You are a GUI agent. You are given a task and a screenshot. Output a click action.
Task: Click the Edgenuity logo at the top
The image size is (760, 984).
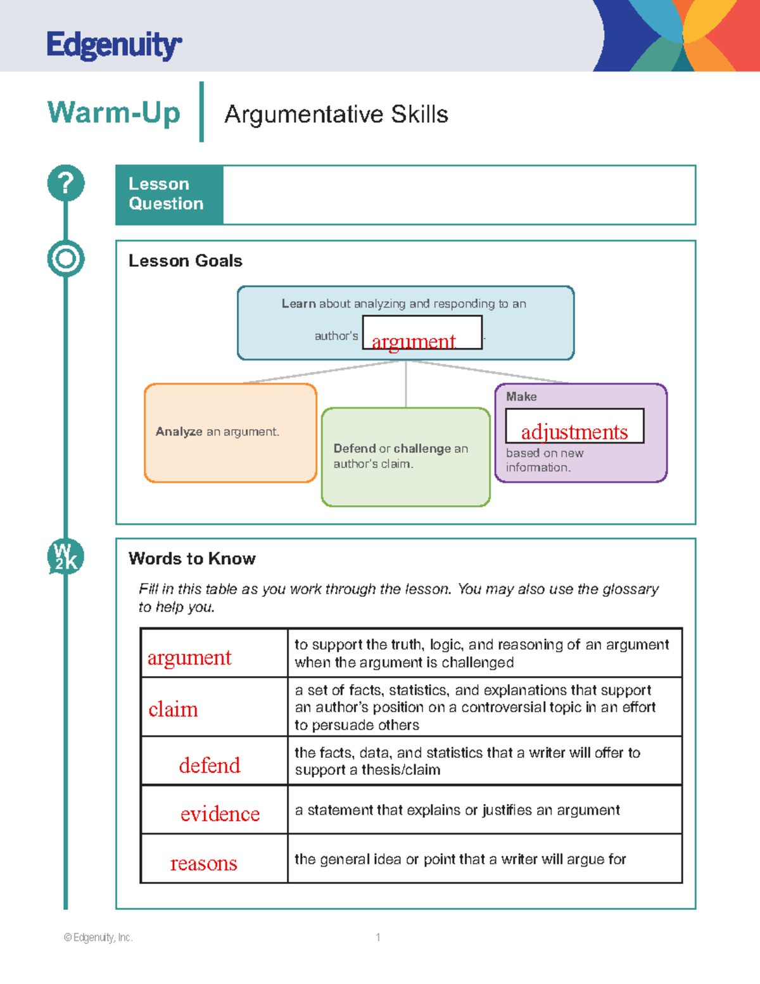114,45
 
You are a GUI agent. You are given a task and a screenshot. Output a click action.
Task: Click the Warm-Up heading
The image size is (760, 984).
114,113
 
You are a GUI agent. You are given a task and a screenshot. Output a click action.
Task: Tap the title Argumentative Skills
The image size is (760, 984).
336,115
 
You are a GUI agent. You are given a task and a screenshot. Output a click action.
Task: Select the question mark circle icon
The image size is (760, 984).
66,183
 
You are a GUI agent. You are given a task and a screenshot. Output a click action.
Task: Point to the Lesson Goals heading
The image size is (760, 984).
185,261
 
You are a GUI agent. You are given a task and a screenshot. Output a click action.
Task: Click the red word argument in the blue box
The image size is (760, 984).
414,342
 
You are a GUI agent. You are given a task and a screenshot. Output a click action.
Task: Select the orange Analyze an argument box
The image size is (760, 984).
231,433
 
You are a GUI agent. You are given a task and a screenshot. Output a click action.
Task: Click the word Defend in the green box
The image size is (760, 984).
355,449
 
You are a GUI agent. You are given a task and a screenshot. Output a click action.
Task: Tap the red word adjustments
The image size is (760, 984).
574,432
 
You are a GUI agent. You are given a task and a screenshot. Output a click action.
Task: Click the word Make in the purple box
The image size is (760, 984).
521,397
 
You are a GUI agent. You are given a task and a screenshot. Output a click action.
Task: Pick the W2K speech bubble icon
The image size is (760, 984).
66,557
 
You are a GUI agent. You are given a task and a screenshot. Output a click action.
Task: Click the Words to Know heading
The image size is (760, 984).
192,559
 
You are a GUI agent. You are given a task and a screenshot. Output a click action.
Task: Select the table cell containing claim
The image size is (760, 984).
213,707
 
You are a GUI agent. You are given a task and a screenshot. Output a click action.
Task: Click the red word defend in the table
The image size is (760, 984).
210,765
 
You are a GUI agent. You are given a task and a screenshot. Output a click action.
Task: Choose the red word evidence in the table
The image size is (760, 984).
220,814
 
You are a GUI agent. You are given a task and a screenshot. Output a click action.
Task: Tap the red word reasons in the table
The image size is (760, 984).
203,863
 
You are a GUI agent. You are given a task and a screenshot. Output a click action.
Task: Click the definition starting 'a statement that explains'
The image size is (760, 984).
457,810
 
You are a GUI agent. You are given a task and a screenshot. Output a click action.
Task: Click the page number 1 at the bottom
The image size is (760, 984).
378,937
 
